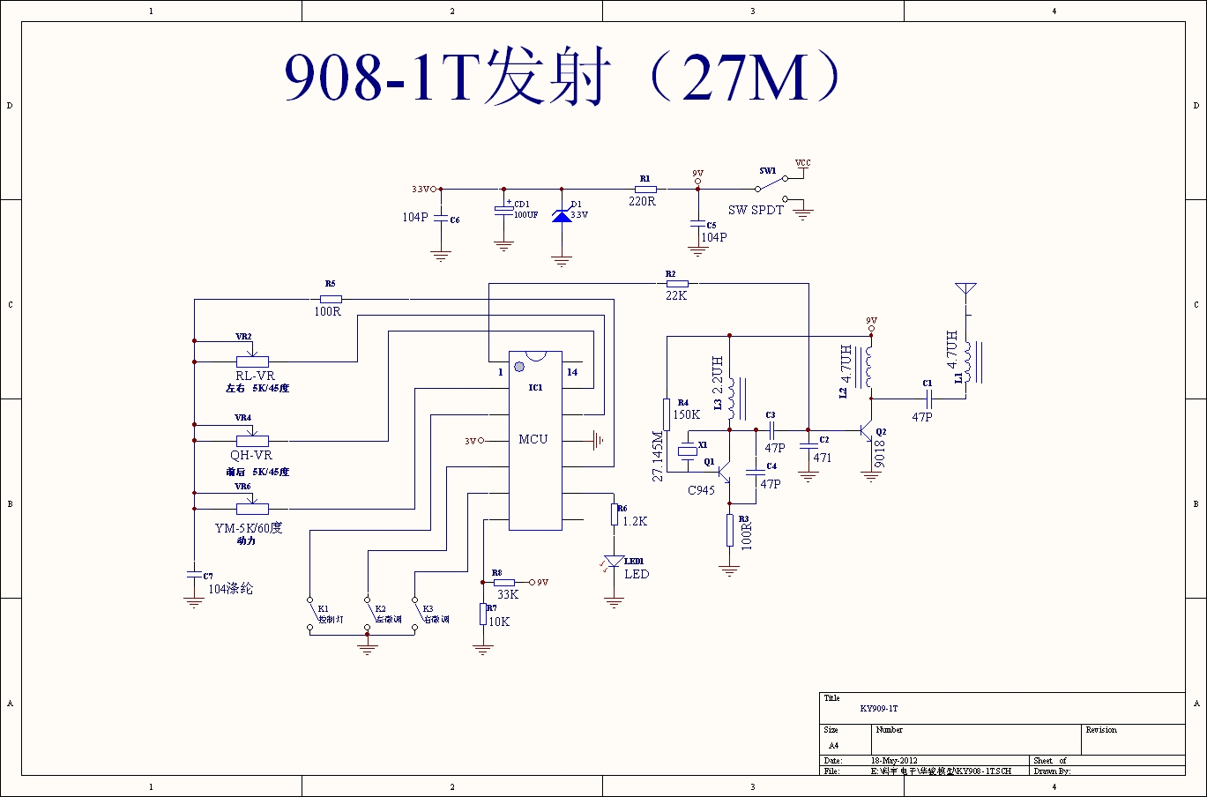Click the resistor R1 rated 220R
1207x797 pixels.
(645, 189)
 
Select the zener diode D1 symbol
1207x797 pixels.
(561, 215)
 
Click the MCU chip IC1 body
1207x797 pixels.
(534, 441)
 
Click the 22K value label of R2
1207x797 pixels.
(676, 296)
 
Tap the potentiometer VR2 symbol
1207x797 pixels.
(252, 361)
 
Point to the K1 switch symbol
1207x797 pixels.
(309, 614)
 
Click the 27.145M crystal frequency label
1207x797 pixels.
(657, 456)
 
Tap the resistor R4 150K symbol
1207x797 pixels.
(667, 414)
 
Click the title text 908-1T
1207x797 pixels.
(380, 78)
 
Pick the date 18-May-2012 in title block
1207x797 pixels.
(894, 760)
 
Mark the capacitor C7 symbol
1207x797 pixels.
(194, 574)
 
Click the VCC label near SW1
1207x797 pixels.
(802, 163)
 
